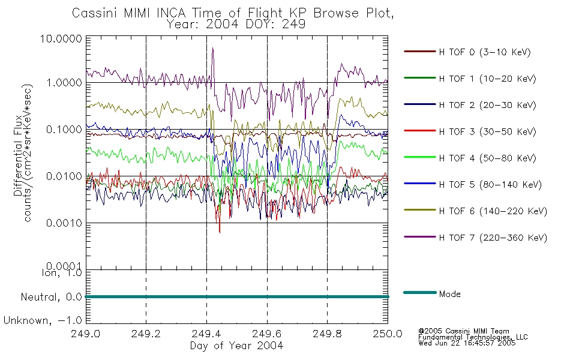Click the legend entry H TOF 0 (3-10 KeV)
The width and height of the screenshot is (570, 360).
pyautogui.click(x=485, y=52)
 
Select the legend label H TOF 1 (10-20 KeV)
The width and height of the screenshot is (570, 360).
pyautogui.click(x=487, y=79)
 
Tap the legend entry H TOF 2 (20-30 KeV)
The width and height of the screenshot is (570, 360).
pyautogui.click(x=487, y=105)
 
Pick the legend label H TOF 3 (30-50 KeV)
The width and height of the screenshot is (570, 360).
pyautogui.click(x=487, y=131)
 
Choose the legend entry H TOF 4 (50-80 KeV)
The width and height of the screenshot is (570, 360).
pyautogui.click(x=487, y=158)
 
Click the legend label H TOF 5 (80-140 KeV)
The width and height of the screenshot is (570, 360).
pyautogui.click(x=490, y=185)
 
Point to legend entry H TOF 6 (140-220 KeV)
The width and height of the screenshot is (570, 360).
pyautogui.click(x=493, y=211)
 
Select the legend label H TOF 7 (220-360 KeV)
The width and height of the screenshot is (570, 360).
pyautogui.click(x=493, y=238)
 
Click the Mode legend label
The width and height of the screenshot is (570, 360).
pyautogui.click(x=449, y=294)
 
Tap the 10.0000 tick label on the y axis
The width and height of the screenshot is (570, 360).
pyautogui.click(x=61, y=38)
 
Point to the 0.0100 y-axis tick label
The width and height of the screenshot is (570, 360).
pyautogui.click(x=64, y=176)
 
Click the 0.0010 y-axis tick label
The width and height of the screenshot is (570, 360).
pyautogui.click(x=64, y=223)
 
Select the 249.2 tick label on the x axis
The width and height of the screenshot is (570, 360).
pyautogui.click(x=146, y=334)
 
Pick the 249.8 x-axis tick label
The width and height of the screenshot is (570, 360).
pyautogui.click(x=327, y=334)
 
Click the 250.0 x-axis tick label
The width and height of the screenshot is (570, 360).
pyautogui.click(x=388, y=334)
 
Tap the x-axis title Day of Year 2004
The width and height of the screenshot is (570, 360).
pyautogui.click(x=236, y=346)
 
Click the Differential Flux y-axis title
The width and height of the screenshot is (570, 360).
pyautogui.click(x=18, y=155)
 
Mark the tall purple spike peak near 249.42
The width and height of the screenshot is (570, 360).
pyautogui.click(x=212, y=48)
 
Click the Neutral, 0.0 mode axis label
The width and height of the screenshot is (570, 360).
pyautogui.click(x=51, y=297)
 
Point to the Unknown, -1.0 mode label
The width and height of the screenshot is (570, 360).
pyautogui.click(x=43, y=320)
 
